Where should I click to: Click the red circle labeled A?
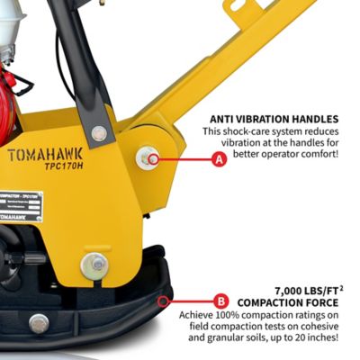click(218, 160)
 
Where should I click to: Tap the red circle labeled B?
click(220, 301)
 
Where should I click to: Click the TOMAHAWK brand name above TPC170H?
click(46, 154)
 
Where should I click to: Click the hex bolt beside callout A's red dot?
click(146, 158)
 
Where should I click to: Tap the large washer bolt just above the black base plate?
click(93, 265)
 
